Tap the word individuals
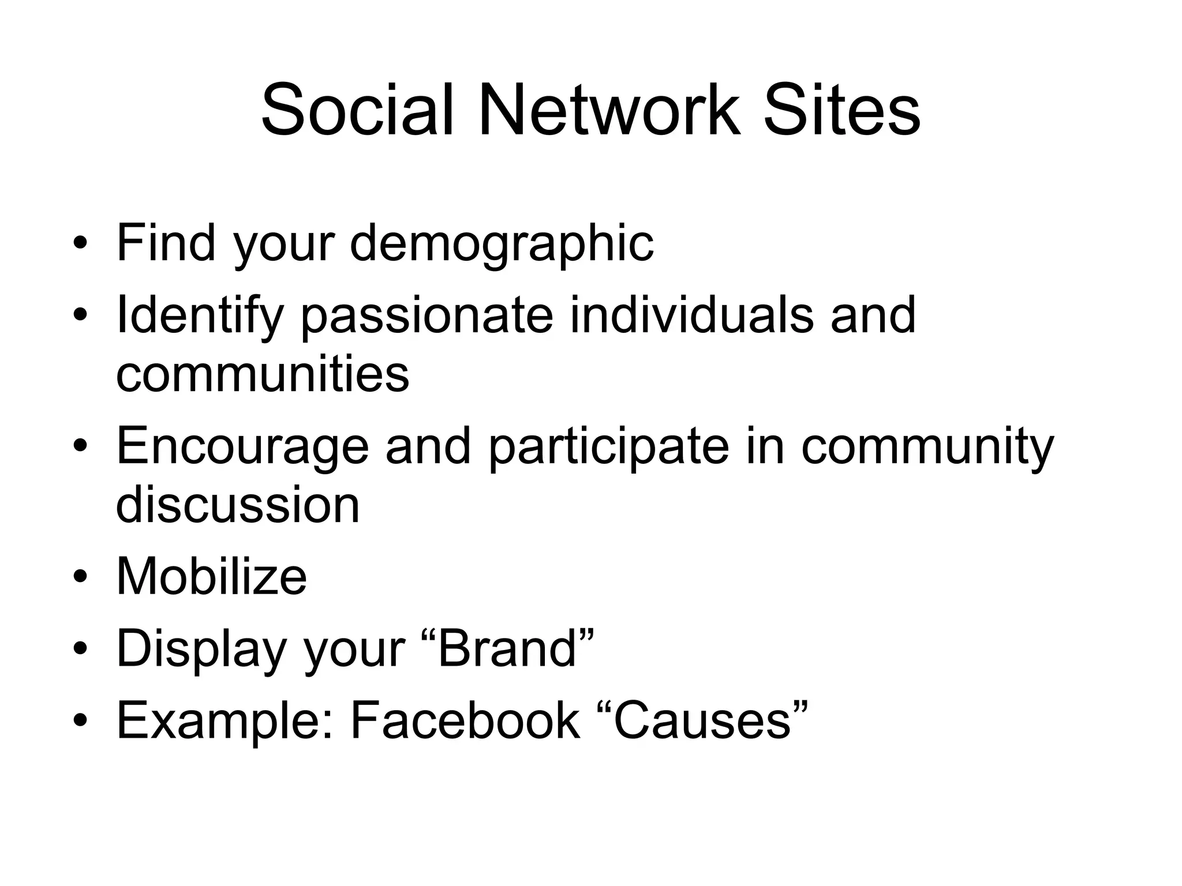[691, 315]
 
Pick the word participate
[609, 448]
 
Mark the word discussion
[238, 504]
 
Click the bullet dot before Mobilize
[80, 577]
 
